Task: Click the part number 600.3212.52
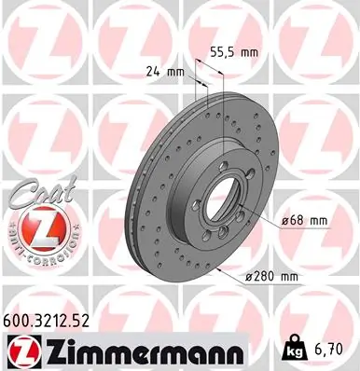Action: [54, 321]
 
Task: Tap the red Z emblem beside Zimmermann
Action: [21, 351]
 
